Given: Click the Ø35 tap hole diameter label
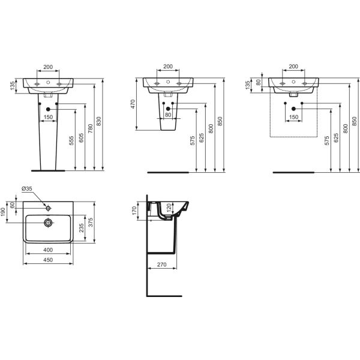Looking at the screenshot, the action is coord(27,189).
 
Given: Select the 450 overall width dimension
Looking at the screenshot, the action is coord(48,260).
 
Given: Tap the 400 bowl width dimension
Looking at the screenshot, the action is coord(48,250).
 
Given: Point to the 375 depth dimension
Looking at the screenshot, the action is coord(91,222).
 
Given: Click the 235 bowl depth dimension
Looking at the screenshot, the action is coord(82,228).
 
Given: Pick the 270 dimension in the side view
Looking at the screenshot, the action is coord(161,265).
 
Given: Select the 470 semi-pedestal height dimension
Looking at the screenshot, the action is coord(133,104).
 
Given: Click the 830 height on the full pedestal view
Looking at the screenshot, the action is coord(98,121).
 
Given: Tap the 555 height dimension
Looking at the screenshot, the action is coord(71,140).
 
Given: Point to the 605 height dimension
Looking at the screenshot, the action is coord(81,138).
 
